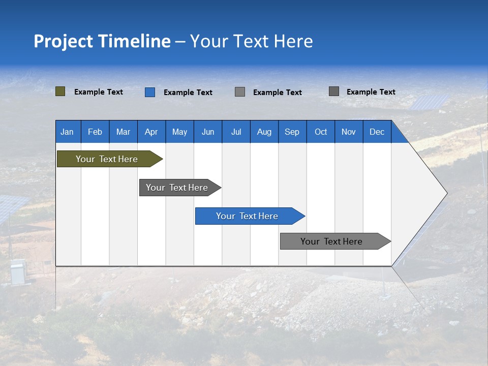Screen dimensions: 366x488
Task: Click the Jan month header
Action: click(67, 132)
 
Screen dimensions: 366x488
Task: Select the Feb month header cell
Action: click(95, 132)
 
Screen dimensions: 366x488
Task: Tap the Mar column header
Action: click(123, 132)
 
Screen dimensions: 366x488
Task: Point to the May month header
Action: click(179, 132)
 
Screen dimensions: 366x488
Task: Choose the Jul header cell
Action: click(236, 132)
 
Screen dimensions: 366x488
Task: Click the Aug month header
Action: click(264, 132)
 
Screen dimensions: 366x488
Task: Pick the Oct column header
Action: click(321, 132)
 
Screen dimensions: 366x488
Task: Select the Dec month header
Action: click(377, 132)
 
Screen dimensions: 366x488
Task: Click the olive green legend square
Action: click(60, 91)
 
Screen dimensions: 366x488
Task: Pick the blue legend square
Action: click(150, 92)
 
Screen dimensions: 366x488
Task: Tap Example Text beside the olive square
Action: click(99, 92)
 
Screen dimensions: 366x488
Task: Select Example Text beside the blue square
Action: click(188, 93)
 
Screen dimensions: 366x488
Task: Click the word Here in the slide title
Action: click(293, 41)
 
